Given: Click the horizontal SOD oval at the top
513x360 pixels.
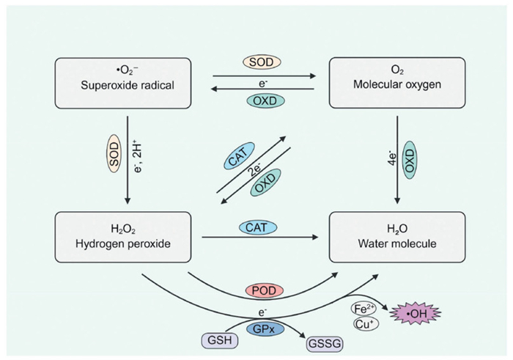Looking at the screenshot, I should click(x=263, y=62).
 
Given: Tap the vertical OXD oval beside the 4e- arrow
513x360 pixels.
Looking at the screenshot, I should click(x=409, y=157).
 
